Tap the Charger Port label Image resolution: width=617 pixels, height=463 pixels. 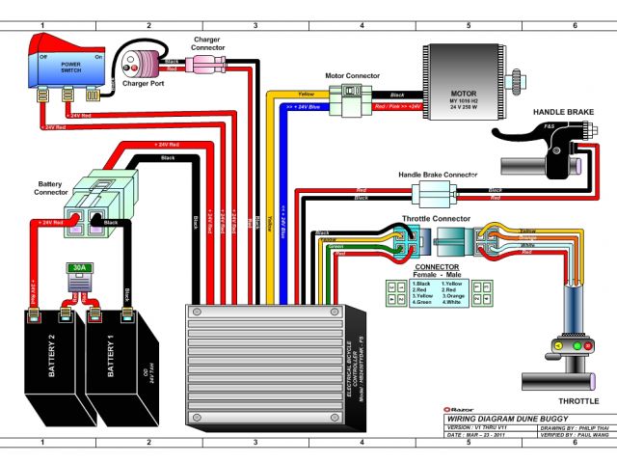click(x=144, y=83)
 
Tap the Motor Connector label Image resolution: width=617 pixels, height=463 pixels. click(x=352, y=75)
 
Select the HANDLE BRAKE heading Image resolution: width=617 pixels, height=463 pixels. click(x=562, y=113)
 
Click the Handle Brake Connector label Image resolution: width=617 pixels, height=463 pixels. click(x=439, y=175)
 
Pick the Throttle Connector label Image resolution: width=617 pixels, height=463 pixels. click(x=437, y=218)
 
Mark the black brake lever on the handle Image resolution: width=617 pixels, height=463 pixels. click(x=525, y=131)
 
